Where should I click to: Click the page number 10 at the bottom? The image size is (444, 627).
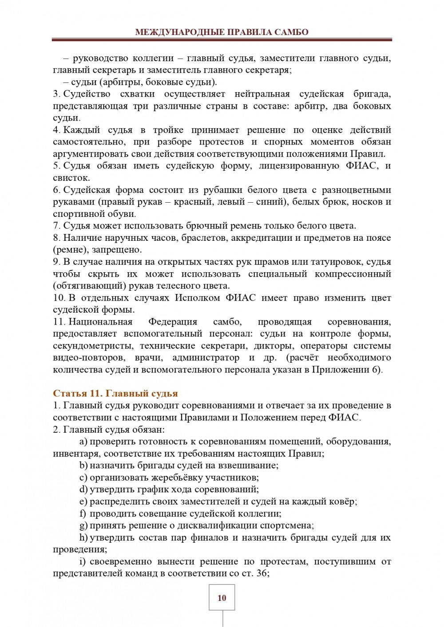[x=222, y=598]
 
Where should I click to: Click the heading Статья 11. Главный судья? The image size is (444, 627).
[x=115, y=393]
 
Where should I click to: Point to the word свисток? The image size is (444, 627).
[x=71, y=178]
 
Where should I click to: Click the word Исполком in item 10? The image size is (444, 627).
[x=195, y=298]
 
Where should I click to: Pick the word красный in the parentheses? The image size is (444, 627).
[x=191, y=202]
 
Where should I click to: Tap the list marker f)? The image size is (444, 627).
[x=83, y=513]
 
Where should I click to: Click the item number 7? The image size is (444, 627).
[x=56, y=226]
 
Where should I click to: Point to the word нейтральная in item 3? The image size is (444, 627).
[x=262, y=94]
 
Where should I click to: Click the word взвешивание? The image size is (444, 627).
[x=250, y=466]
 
